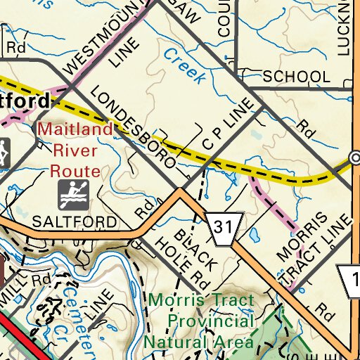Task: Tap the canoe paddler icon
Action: pos(72,195)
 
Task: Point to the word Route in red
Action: pos(75,171)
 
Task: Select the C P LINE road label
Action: pos(226,133)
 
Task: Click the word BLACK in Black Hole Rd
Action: pos(188,240)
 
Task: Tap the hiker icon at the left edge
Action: pos(4,153)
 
